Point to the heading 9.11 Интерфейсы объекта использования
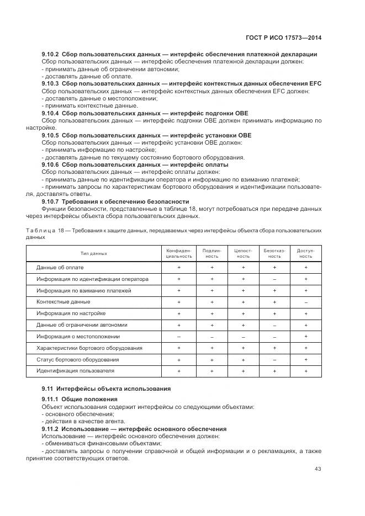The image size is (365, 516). click(x=106, y=389)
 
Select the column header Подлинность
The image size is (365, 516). click(x=212, y=253)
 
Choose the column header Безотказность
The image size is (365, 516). click(x=274, y=253)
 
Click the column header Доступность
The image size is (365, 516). click(x=306, y=253)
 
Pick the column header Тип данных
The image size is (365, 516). click(x=94, y=253)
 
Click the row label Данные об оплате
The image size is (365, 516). click(x=60, y=268)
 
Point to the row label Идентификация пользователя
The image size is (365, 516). click(x=75, y=371)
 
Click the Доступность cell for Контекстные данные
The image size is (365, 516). click(x=306, y=302)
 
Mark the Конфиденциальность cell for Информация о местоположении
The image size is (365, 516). click(x=179, y=337)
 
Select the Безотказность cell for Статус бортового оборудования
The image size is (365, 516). click(x=274, y=360)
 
